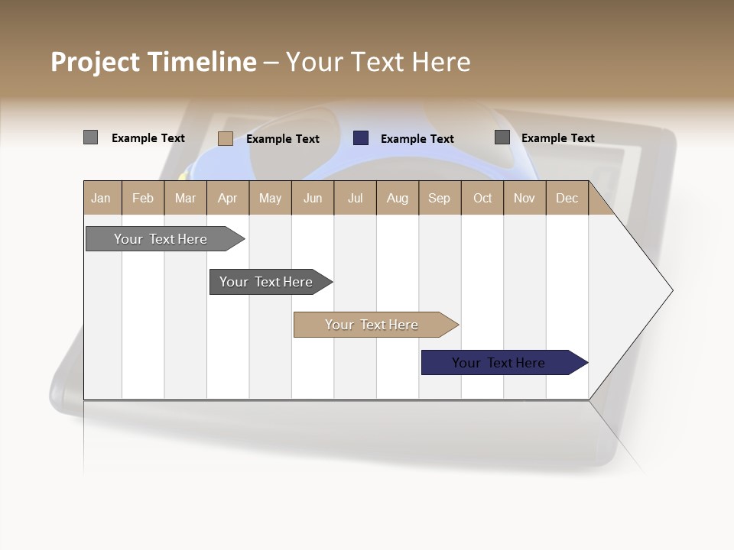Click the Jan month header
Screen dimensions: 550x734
(101, 199)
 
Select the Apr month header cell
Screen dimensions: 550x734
(227, 199)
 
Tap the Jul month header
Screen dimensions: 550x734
(355, 199)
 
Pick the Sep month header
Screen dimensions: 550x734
(439, 199)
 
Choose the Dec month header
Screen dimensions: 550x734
(567, 199)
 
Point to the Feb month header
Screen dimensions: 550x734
(143, 199)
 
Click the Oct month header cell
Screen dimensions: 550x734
(482, 199)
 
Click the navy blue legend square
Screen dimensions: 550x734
(361, 138)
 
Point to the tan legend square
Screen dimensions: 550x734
(226, 138)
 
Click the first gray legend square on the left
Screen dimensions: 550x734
(90, 137)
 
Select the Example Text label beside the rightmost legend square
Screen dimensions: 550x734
(557, 138)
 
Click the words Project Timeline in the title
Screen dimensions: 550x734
(153, 62)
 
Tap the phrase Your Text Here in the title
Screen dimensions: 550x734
(378, 62)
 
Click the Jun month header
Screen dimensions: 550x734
(313, 199)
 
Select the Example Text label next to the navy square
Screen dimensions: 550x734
(417, 139)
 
